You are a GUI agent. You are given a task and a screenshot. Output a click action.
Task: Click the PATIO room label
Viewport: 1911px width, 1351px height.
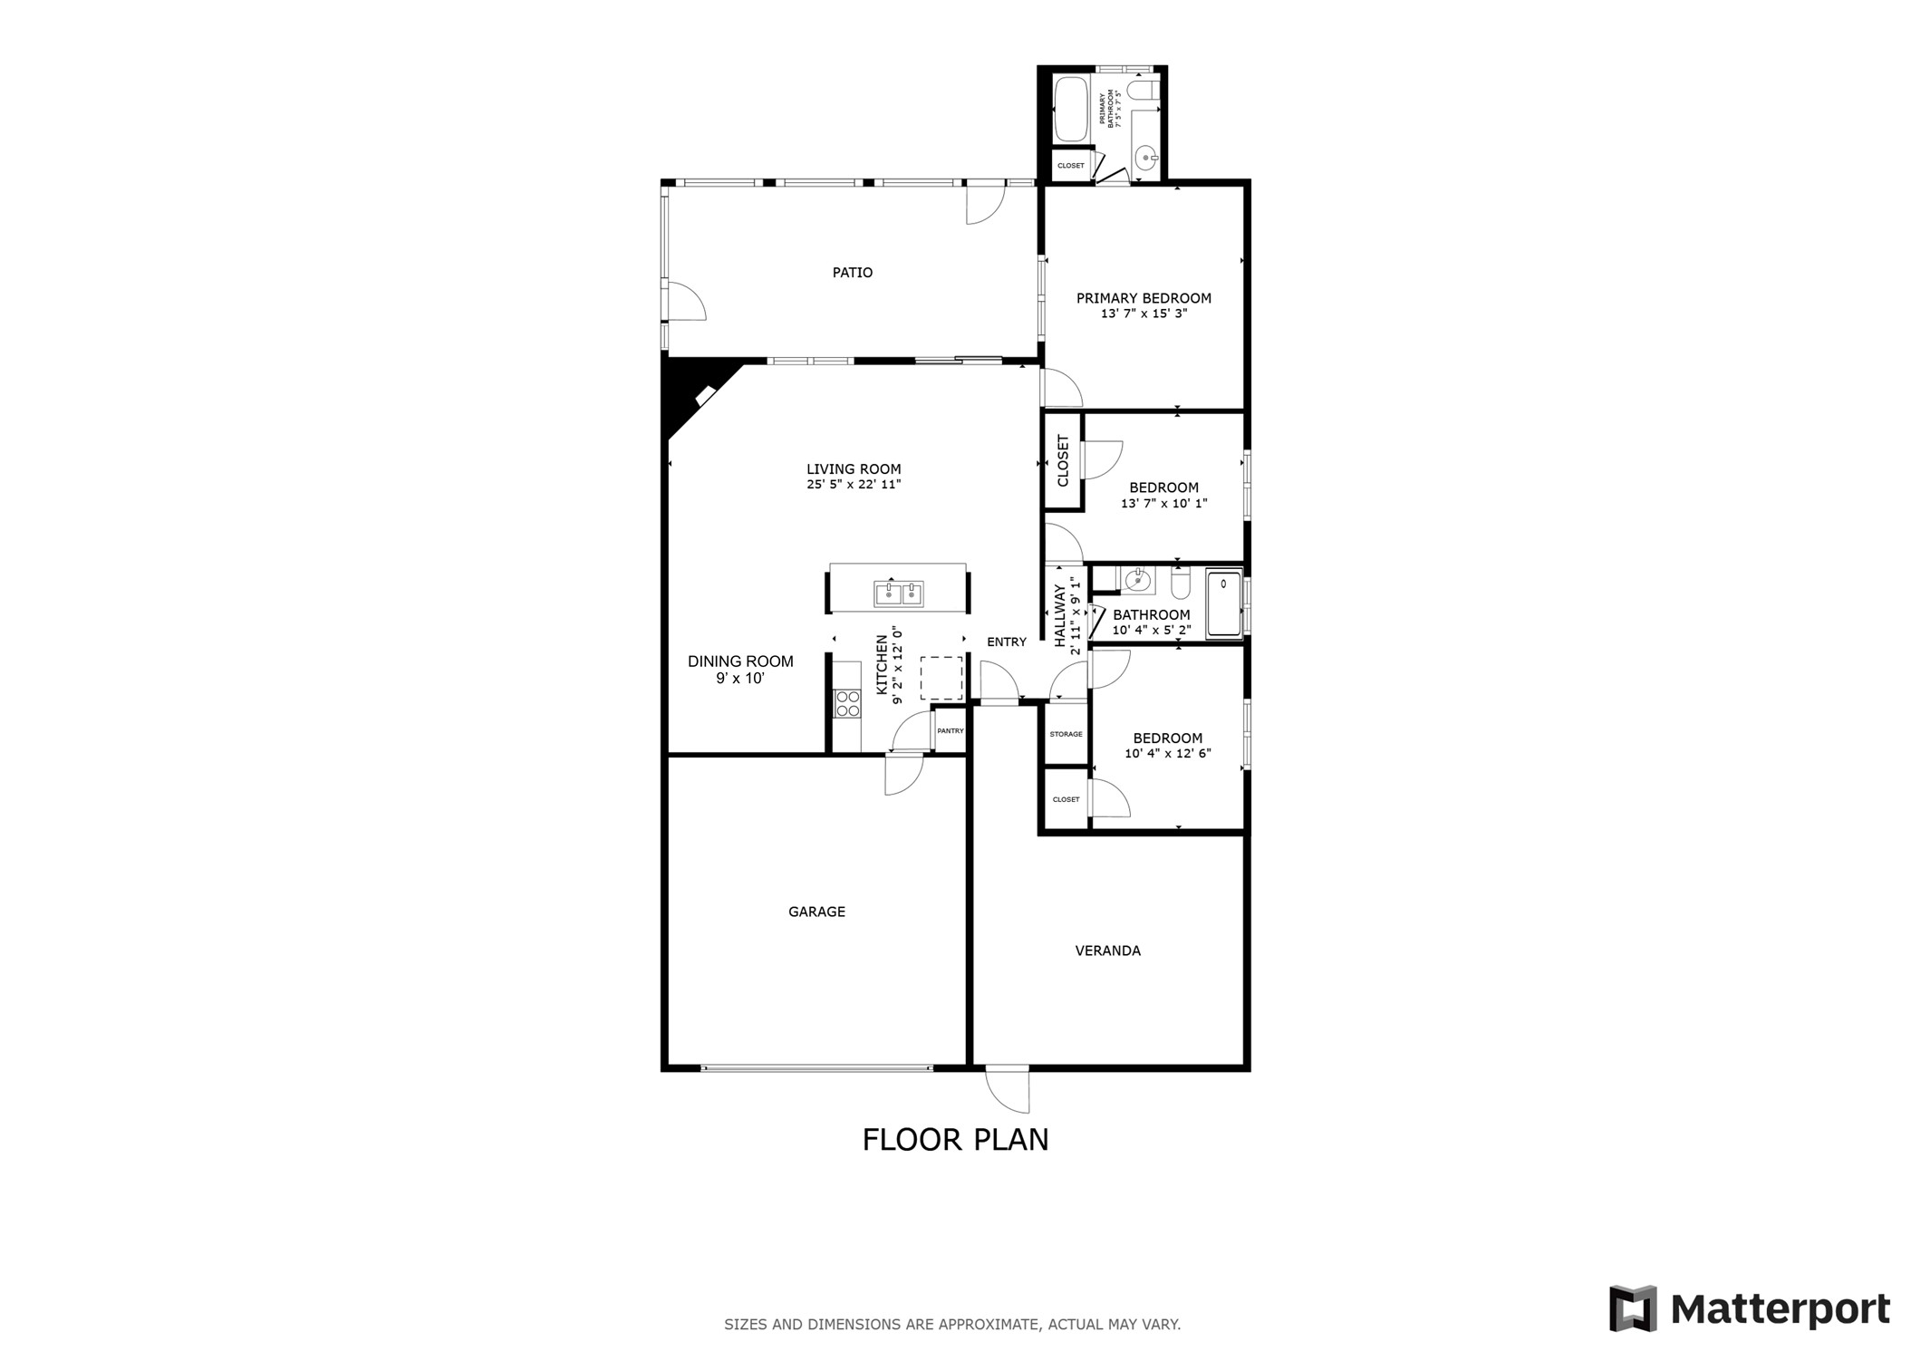852,273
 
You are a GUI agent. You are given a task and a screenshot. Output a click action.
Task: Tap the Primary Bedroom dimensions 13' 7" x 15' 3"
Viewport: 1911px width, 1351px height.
1144,314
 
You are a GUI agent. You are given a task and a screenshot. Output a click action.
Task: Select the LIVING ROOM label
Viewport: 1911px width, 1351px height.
854,469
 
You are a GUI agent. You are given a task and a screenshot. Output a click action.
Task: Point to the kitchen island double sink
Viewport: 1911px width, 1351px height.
898,593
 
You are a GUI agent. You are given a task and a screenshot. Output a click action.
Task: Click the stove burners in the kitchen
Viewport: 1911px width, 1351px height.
847,704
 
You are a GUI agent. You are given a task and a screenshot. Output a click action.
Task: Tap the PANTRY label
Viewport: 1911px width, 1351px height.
950,731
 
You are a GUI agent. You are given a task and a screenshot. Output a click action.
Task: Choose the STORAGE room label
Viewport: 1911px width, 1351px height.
1066,734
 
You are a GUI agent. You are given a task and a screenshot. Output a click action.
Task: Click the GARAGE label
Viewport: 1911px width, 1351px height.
816,912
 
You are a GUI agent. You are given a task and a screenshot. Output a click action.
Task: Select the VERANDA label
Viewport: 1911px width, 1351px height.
1107,951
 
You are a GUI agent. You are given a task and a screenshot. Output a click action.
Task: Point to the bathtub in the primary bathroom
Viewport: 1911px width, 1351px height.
1070,109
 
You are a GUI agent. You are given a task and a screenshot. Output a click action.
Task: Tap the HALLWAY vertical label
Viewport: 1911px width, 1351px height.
1059,615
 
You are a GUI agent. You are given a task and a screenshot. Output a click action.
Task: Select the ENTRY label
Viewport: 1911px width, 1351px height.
1006,642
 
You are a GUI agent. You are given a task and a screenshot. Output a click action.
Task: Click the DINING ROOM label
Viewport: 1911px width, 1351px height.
740,661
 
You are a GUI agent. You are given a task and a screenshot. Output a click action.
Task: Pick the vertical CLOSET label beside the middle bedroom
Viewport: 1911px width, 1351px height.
1063,460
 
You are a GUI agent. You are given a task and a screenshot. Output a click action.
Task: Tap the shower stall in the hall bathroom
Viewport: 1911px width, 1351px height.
1223,603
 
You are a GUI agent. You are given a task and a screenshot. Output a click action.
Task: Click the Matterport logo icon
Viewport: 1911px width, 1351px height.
1633,1308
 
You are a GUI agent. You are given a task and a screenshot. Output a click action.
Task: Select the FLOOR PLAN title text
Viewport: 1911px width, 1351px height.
955,1140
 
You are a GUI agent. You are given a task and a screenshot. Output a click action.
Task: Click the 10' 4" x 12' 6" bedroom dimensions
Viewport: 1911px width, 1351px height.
1168,754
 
